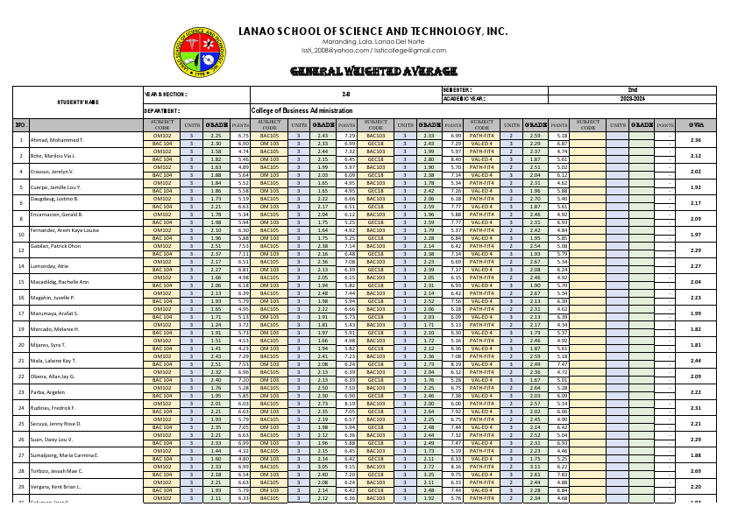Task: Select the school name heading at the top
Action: tap(373, 32)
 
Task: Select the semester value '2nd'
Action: tap(631, 90)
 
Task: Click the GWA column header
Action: tap(696, 124)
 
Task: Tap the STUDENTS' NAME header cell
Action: tap(78, 102)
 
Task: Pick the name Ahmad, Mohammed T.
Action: tap(57, 140)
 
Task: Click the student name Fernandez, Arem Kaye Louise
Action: tap(66, 235)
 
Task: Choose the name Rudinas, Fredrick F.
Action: tap(53, 408)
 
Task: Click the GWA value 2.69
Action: tap(696, 470)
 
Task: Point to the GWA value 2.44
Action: tap(696, 360)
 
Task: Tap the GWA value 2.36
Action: tap(696, 140)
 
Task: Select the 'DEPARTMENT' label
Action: tap(161, 111)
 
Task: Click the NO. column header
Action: tap(20, 124)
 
